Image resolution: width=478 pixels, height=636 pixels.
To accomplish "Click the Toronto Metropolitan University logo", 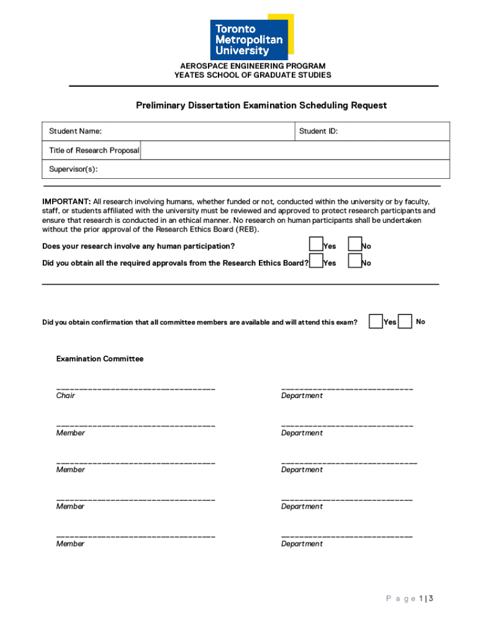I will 252,37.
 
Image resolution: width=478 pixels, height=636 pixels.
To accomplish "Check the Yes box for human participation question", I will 317,244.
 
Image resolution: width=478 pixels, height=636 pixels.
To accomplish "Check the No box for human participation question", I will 354,244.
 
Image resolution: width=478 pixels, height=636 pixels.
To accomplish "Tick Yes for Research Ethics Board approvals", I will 317,261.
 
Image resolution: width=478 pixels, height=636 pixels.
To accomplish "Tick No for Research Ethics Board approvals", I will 354,261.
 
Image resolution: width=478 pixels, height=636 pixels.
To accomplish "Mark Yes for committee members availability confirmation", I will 376,321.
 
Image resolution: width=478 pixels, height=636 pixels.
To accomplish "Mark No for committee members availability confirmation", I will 405,321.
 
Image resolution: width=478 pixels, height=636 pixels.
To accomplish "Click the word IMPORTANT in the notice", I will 66,202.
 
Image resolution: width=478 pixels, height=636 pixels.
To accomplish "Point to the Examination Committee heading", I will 100,359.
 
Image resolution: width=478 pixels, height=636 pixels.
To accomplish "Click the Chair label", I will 66,396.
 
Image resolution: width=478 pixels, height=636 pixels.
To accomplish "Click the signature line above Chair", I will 136,388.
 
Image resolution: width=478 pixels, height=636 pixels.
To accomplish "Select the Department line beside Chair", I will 347,388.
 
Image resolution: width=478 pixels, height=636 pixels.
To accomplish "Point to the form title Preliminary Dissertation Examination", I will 261,106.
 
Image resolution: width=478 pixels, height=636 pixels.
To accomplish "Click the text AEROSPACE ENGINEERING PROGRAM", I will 253,66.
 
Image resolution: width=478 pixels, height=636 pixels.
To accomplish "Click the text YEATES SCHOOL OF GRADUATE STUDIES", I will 253,75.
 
